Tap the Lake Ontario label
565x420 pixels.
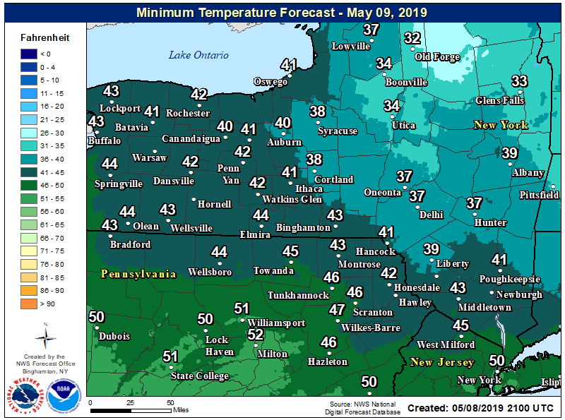click(198, 55)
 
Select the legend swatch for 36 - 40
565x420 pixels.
click(30, 159)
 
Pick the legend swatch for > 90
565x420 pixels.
click(30, 304)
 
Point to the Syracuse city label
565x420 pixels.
click(337, 131)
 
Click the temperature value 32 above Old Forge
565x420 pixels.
click(412, 39)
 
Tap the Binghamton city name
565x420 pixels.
click(304, 228)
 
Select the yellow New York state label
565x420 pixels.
click(500, 125)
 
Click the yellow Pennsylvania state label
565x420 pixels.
click(138, 274)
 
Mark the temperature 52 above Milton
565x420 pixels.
click(256, 335)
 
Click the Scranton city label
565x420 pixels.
click(372, 312)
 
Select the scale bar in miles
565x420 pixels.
click(131, 408)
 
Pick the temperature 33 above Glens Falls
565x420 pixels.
click(519, 81)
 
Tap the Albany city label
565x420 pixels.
click(528, 173)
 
